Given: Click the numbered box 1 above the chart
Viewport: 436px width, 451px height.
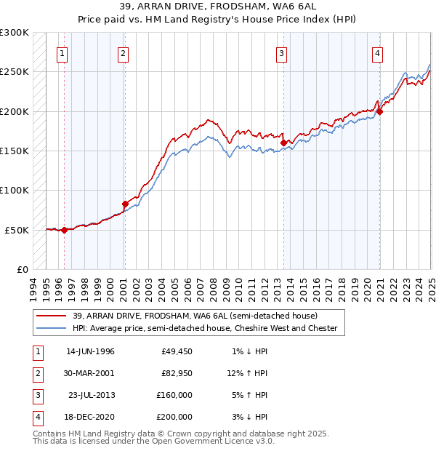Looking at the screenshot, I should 62,52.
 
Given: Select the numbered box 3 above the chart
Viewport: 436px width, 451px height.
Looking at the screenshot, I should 281,52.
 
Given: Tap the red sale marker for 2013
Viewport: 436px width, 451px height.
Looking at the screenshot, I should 283,143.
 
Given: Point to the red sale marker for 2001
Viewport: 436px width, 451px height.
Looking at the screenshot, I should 125,204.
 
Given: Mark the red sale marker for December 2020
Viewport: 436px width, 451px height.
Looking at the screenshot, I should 379,111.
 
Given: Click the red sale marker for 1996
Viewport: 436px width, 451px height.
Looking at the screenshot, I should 64,230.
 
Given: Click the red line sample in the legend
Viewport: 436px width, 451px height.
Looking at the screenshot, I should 52,316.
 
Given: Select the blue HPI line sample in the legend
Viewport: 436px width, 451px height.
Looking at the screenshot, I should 52,329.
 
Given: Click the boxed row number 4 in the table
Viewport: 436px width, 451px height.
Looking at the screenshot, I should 36,417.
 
